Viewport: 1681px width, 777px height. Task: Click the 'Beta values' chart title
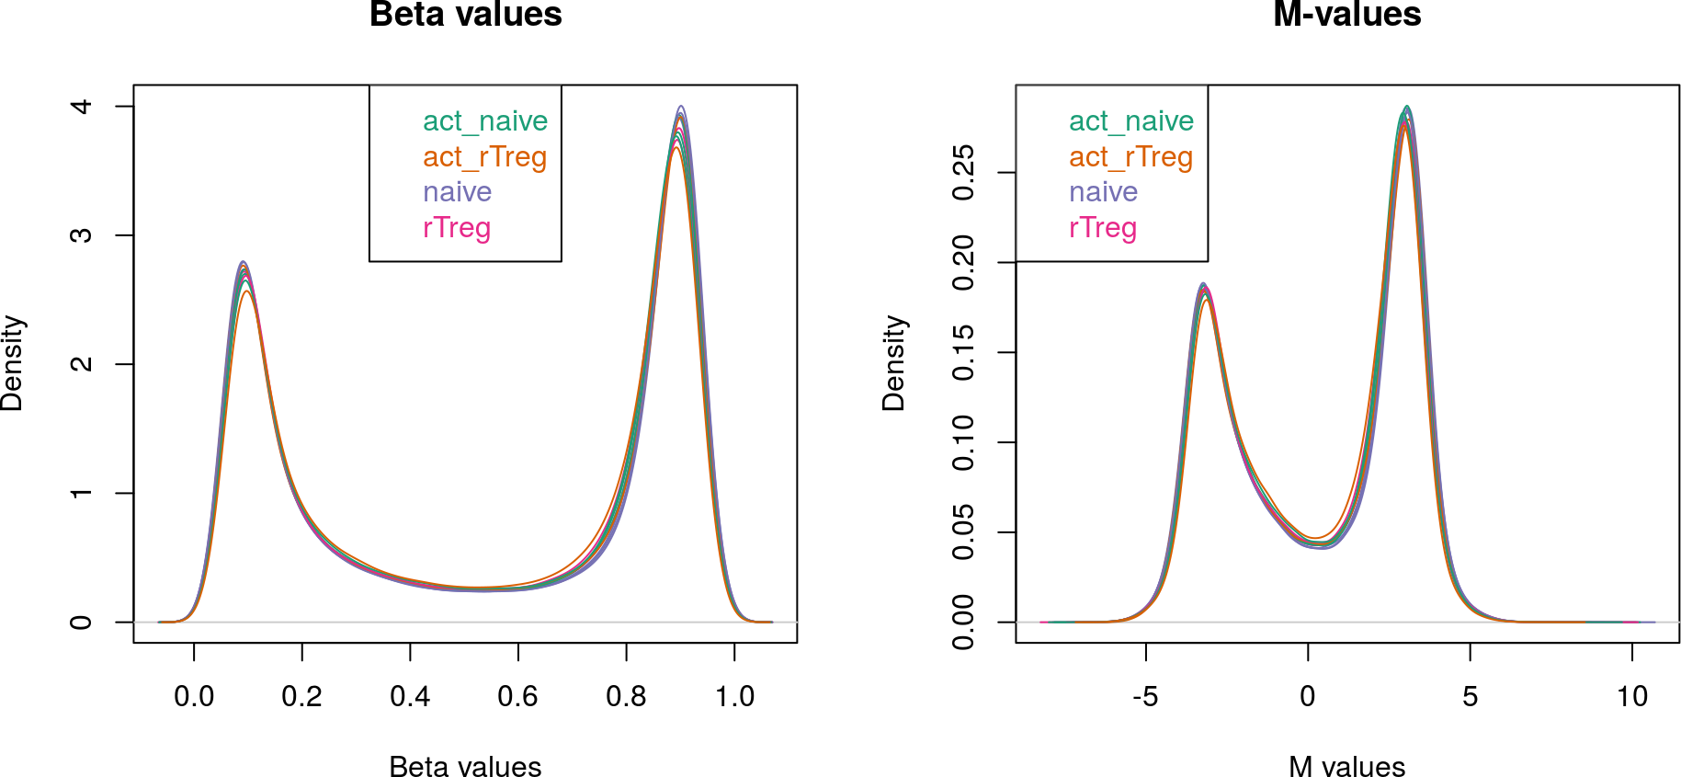click(465, 15)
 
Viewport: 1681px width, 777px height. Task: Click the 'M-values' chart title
click(1346, 15)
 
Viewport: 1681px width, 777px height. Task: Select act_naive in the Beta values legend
click(485, 121)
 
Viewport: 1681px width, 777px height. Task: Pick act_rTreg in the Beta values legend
click(484, 157)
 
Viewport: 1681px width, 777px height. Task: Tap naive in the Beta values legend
click(457, 192)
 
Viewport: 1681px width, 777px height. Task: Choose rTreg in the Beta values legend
click(457, 228)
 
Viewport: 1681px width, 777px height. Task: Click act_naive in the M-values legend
click(1130, 121)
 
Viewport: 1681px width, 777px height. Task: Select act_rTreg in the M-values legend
click(1130, 157)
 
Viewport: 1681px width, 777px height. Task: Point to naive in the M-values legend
click(1103, 192)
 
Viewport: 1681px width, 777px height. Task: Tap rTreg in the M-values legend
click(1103, 228)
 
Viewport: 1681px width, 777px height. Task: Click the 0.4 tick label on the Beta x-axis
click(410, 696)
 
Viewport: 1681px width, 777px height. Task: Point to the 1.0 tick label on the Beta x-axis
click(734, 696)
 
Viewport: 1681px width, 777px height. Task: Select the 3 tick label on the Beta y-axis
click(81, 235)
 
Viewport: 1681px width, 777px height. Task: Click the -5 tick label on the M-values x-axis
click(1145, 696)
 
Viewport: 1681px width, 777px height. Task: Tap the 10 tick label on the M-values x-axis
click(1632, 696)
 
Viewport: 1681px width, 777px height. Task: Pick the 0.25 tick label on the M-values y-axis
click(963, 172)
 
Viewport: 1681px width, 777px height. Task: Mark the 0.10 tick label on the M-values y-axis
click(963, 442)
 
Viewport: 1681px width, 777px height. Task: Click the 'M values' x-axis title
click(1346, 766)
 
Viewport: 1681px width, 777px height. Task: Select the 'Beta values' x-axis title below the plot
click(465, 766)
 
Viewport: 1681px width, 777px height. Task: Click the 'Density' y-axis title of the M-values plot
click(894, 363)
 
